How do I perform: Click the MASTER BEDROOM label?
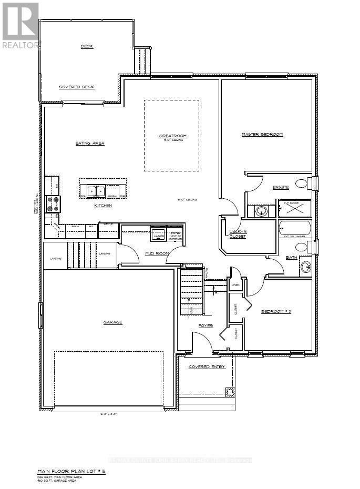[x=262, y=135]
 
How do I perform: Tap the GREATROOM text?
[x=172, y=136]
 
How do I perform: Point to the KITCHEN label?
[x=103, y=206]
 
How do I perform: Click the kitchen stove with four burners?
[x=53, y=204]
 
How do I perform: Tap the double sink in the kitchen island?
[x=96, y=191]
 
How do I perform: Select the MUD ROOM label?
[x=156, y=253]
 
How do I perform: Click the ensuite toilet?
[x=302, y=184]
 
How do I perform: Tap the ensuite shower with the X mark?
[x=294, y=209]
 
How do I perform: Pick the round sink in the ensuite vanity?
[x=261, y=211]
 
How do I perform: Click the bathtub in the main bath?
[x=294, y=230]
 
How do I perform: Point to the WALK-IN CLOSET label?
[x=238, y=234]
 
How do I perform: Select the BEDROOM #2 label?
[x=276, y=311]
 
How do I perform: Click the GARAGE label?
[x=113, y=322]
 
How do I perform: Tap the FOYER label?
[x=205, y=326]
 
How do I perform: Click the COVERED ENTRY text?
[x=207, y=366]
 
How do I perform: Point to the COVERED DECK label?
[x=76, y=87]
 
